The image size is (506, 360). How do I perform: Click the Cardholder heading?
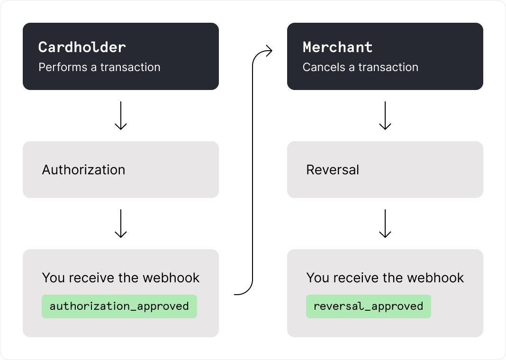(x=82, y=47)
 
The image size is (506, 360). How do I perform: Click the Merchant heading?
(x=337, y=47)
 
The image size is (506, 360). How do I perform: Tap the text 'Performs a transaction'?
(x=99, y=67)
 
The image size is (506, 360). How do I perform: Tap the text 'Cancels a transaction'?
(x=360, y=67)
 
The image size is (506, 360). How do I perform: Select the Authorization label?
(x=83, y=170)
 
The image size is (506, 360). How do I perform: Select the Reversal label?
(x=333, y=170)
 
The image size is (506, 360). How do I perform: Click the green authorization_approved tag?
(x=119, y=306)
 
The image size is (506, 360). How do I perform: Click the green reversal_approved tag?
(x=368, y=306)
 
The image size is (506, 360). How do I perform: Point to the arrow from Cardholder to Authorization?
(x=121, y=115)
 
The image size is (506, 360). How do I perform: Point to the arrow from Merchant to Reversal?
(x=385, y=115)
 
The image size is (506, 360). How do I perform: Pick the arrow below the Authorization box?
(x=121, y=223)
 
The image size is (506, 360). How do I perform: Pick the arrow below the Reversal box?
(x=385, y=223)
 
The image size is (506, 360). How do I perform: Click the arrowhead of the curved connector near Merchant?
(x=270, y=51)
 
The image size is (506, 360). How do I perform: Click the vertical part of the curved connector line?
(x=253, y=175)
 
